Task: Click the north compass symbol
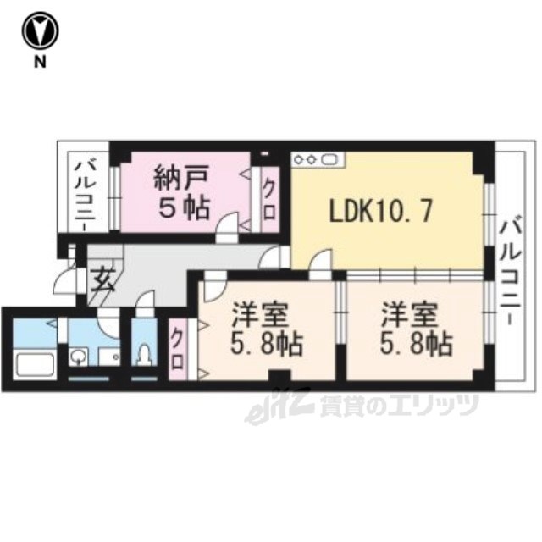(40, 31)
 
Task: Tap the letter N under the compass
(40, 62)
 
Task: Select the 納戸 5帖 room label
(182, 192)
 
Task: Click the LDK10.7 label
(381, 212)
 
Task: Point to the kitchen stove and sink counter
(318, 160)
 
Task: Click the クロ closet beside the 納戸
(269, 200)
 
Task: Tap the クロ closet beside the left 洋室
(178, 350)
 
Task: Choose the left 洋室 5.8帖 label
(267, 329)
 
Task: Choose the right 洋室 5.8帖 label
(416, 329)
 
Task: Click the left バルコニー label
(86, 194)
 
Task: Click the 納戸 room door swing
(227, 224)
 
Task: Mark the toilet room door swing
(145, 301)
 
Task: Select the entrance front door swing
(65, 281)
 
